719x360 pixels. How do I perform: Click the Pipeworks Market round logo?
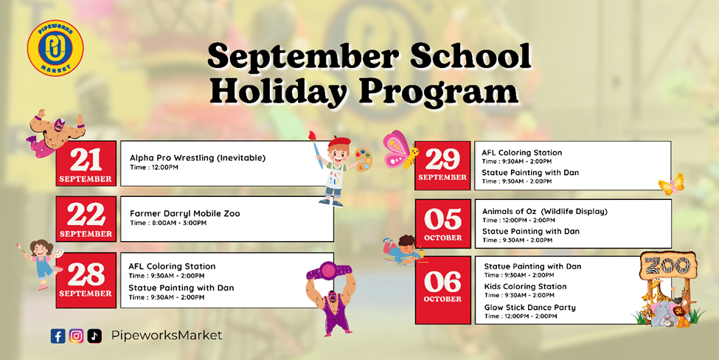tap(55, 48)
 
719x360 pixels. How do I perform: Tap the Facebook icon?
tap(58, 336)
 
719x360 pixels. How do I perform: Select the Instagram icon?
tap(76, 336)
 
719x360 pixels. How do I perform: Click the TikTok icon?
tap(94, 336)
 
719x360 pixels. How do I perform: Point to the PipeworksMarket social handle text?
tap(167, 335)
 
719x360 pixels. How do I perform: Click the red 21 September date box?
tap(86, 164)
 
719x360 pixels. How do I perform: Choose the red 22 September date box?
tap(86, 219)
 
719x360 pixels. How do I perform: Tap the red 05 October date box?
tap(442, 224)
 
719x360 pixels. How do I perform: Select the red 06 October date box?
tap(442, 291)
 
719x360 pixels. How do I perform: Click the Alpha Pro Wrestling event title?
tap(198, 158)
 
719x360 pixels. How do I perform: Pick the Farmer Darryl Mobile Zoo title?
tap(185, 214)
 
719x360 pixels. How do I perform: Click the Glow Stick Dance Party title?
tap(529, 308)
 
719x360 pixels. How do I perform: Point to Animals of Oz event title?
tap(545, 212)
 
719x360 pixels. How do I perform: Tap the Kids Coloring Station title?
tap(526, 287)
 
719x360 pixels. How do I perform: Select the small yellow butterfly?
tap(671, 184)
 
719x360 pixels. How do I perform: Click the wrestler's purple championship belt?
tap(328, 270)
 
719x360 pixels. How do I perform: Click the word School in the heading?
tap(470, 57)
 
